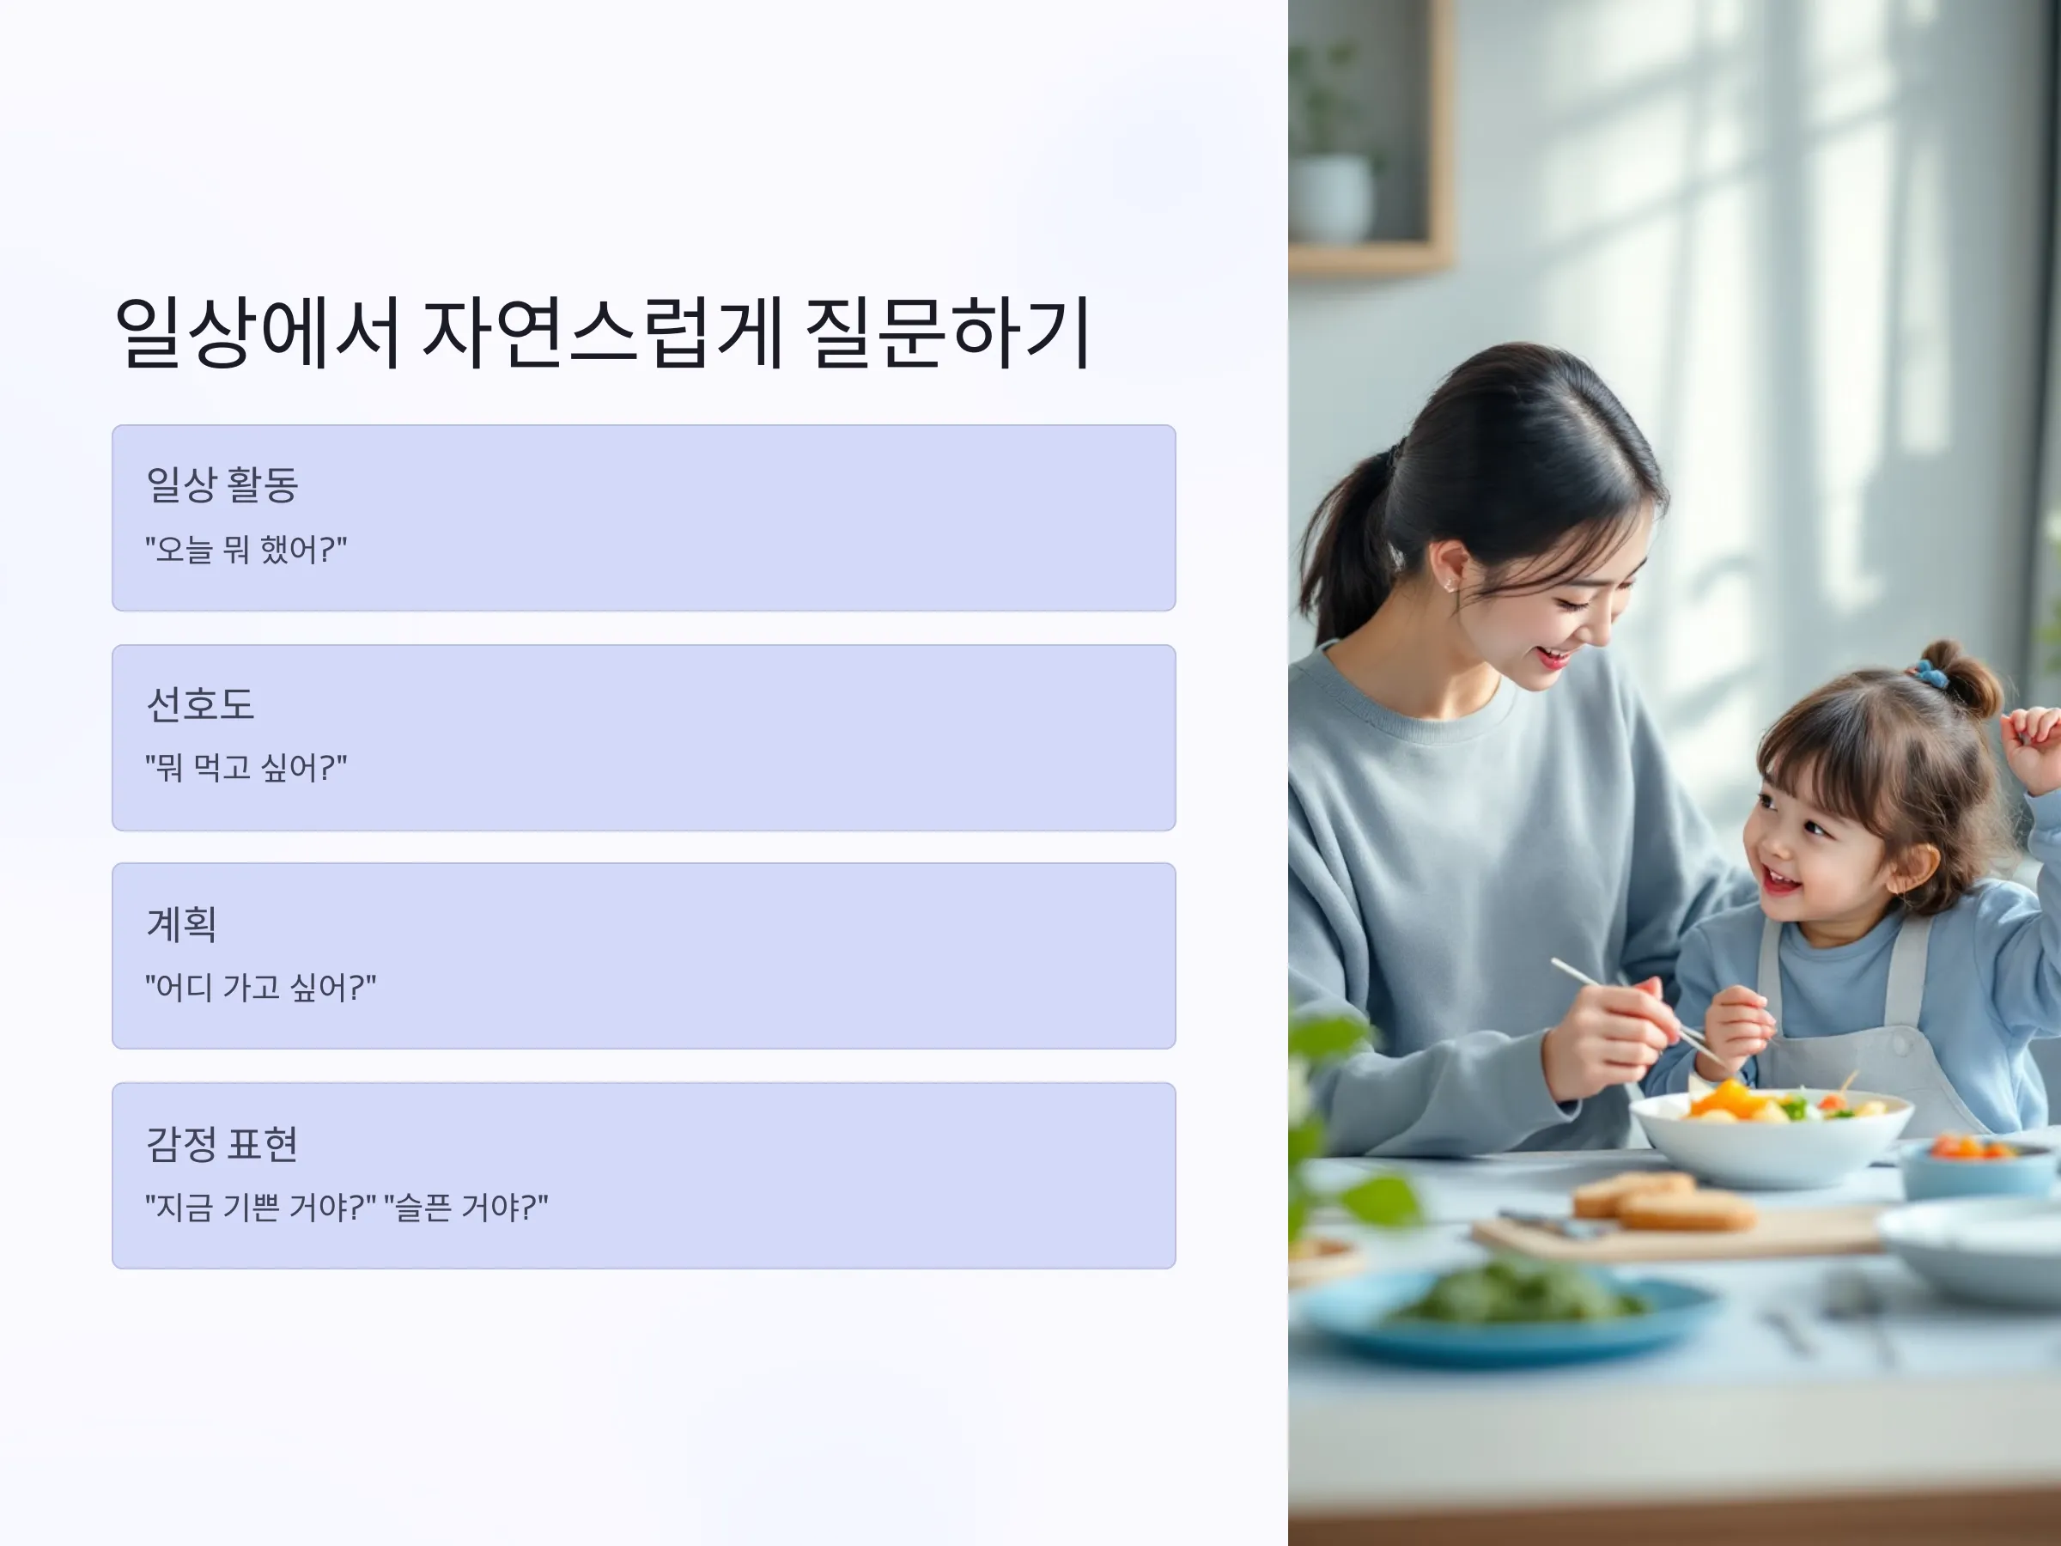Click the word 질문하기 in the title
coord(946,332)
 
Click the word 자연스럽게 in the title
coord(602,332)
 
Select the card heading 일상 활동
coord(222,484)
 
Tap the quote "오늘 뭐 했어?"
coord(246,549)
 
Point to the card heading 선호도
coord(200,703)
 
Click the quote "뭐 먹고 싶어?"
coord(246,768)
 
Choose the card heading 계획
coord(182,923)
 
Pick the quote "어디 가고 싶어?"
coord(261,987)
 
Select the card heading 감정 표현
coord(222,1143)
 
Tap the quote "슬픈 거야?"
coord(465,1207)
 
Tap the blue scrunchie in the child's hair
coord(1930,672)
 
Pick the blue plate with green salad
coord(1510,1309)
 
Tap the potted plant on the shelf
coord(1333,149)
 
